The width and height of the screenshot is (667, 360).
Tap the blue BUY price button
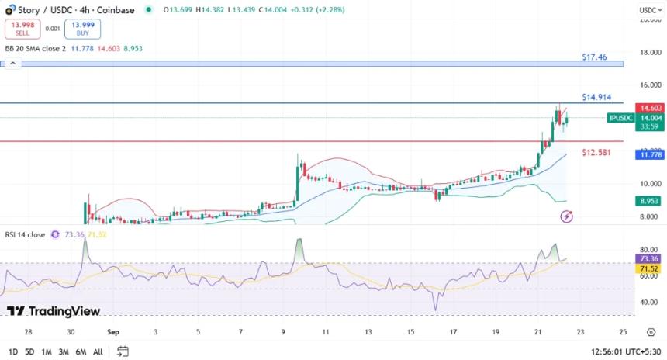82,29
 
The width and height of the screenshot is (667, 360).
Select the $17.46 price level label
594,57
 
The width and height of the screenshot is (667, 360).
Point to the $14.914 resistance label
596,97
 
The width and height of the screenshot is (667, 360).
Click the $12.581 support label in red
596,152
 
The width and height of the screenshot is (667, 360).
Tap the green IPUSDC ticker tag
620,118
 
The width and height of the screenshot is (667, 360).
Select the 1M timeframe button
47,351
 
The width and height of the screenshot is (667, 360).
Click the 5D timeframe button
29,351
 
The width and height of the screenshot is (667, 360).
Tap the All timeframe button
98,351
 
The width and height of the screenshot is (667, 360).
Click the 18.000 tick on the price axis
648,52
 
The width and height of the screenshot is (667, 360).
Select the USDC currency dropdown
648,10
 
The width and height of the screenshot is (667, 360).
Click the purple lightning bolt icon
567,216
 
